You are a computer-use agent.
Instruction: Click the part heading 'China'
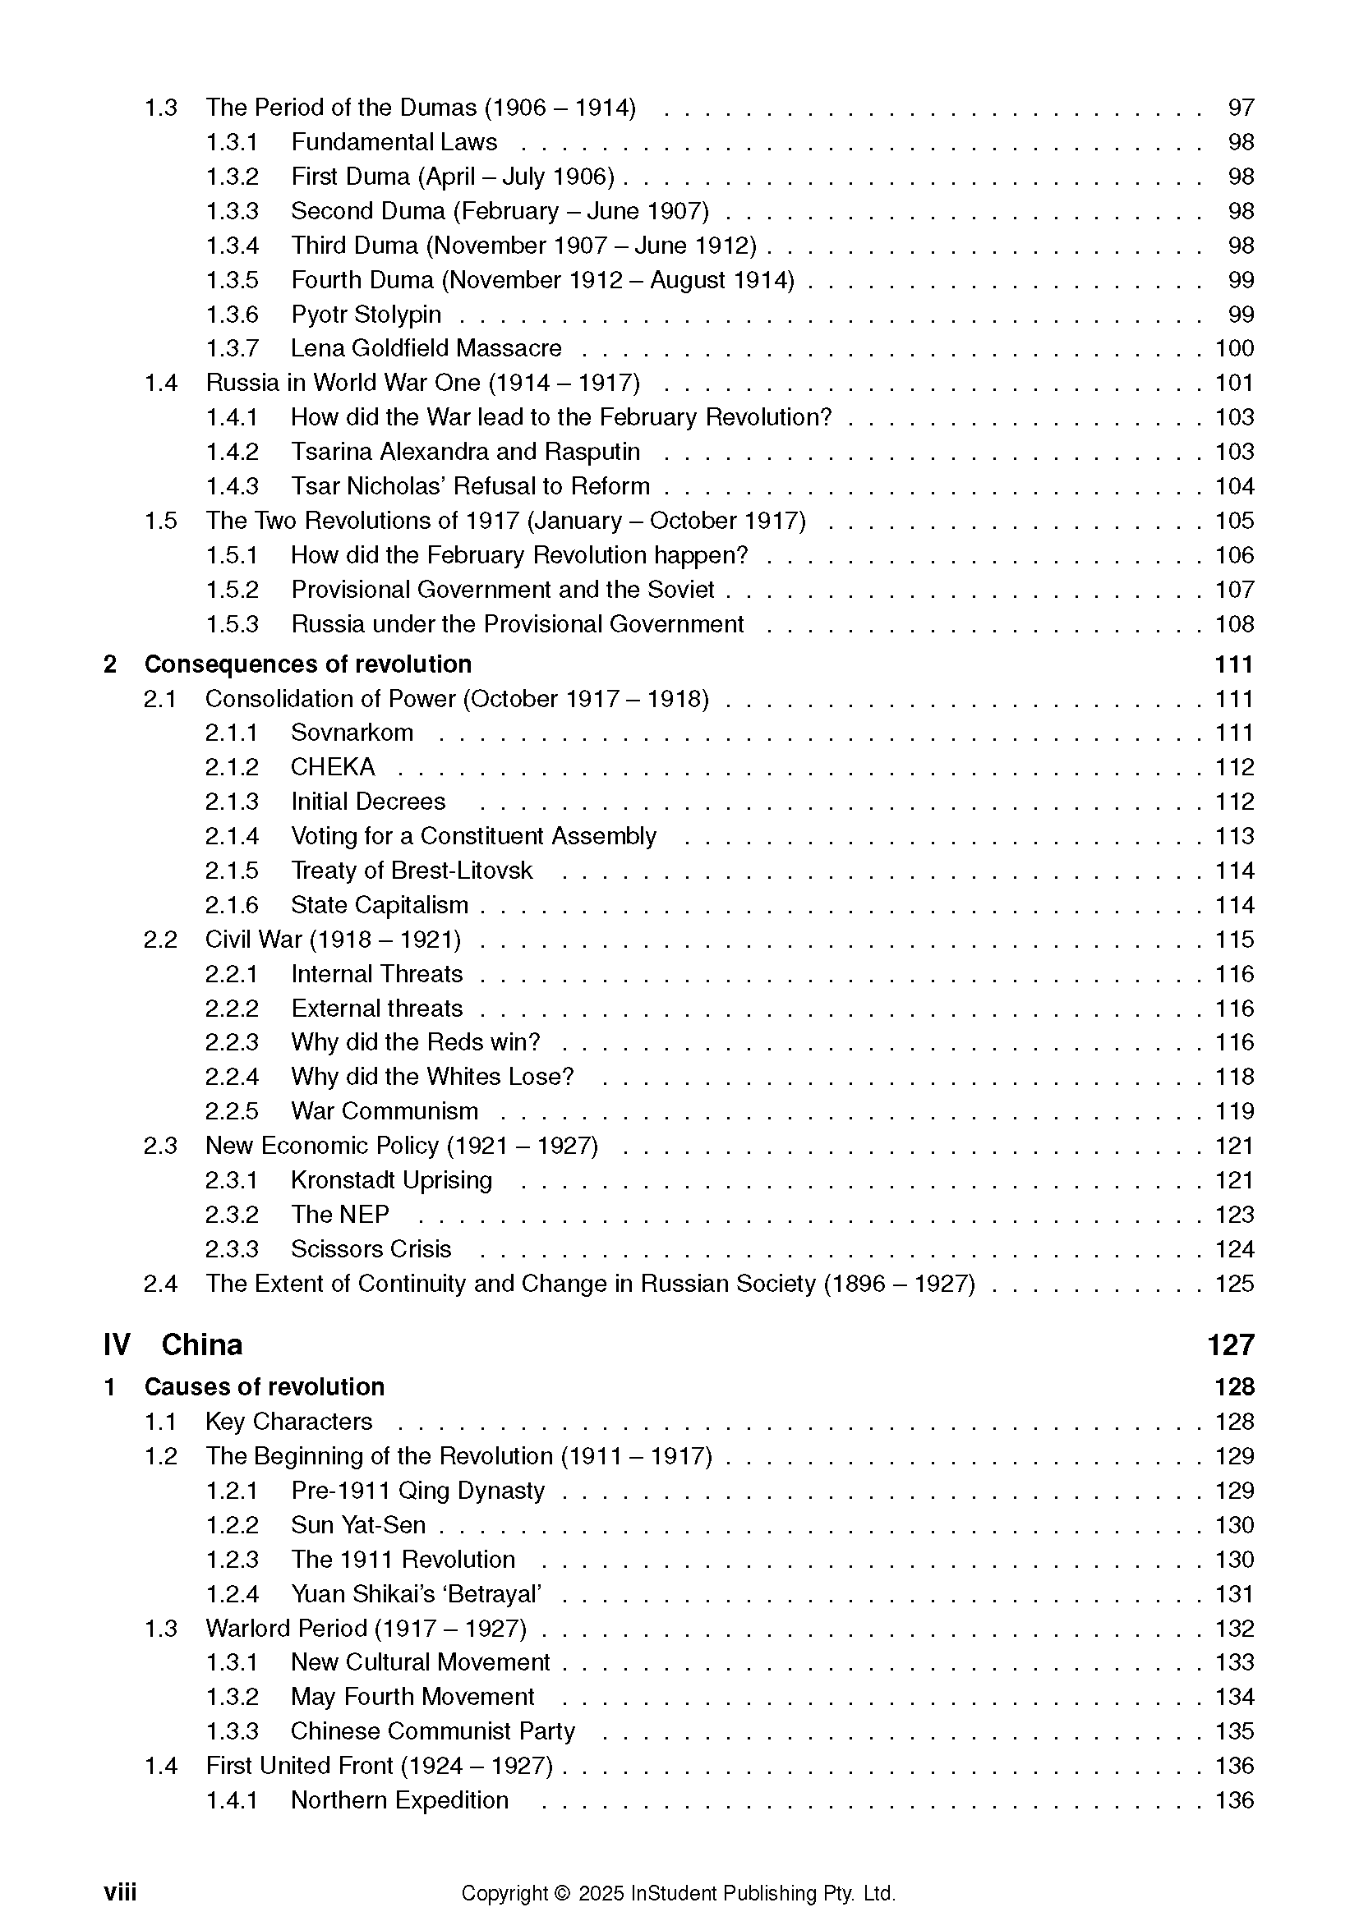[x=201, y=1345]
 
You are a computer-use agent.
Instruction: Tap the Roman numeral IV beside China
[x=117, y=1345]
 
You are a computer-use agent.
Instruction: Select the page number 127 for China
[x=1230, y=1345]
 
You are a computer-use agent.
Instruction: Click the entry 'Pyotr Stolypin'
[x=366, y=315]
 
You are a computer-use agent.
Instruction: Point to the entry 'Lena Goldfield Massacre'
[x=426, y=348]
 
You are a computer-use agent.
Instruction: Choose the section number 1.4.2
[x=232, y=452]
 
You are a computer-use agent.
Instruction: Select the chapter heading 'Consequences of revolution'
[x=308, y=664]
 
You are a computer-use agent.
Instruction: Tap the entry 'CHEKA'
[x=333, y=767]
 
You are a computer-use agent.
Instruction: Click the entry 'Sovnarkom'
[x=352, y=733]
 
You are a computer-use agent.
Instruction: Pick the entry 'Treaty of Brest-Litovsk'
[x=411, y=871]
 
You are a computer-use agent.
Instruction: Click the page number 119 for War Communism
[x=1234, y=1111]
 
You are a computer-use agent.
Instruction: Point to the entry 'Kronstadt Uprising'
[x=392, y=1180]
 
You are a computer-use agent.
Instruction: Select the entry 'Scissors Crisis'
[x=371, y=1249]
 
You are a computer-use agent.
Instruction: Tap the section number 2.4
[x=160, y=1284]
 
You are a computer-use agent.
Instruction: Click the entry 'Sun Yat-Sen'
[x=358, y=1525]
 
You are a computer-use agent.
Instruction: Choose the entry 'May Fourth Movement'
[x=412, y=1697]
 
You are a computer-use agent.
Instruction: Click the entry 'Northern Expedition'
[x=399, y=1799]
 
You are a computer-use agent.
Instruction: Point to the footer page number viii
[x=120, y=1892]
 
